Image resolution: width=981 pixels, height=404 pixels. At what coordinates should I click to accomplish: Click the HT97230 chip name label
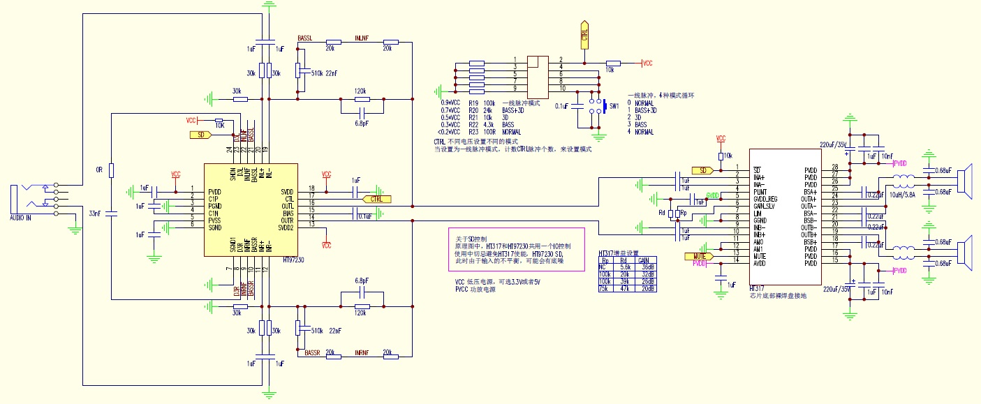(x=294, y=259)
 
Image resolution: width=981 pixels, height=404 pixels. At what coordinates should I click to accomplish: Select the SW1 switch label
(x=614, y=106)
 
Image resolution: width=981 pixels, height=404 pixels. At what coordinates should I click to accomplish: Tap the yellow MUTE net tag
(x=698, y=256)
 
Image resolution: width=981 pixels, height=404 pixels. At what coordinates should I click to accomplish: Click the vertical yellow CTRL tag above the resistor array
(x=584, y=34)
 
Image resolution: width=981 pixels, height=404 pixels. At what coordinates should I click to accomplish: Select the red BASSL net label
(x=304, y=38)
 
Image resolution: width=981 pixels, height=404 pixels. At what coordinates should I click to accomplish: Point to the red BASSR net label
(x=312, y=353)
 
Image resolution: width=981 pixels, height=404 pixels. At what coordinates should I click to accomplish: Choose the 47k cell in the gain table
(x=625, y=287)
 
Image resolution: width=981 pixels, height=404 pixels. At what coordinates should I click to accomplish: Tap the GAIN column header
(x=644, y=260)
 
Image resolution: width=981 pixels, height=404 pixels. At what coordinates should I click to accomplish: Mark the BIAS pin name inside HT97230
(x=287, y=212)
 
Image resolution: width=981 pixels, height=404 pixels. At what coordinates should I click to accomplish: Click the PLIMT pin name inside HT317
(x=759, y=191)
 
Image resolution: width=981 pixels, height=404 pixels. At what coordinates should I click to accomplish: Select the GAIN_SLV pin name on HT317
(x=763, y=206)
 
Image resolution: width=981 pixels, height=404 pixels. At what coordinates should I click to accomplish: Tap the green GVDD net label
(x=712, y=194)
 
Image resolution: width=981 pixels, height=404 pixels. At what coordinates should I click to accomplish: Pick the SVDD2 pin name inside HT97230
(x=286, y=226)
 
